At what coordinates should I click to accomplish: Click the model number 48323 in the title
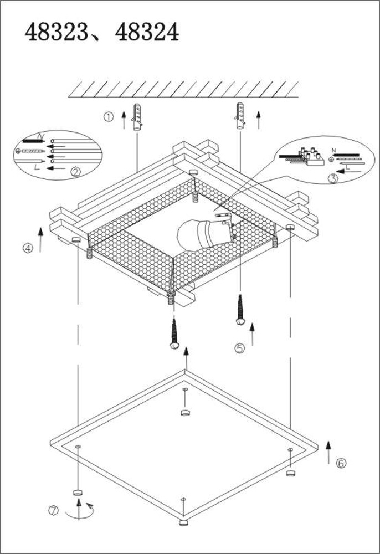coord(57,33)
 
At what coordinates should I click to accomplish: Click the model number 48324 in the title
coord(147,33)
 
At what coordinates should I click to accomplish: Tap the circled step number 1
coord(109,117)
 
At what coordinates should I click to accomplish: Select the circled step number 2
coord(76,172)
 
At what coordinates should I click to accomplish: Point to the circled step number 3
coord(333,178)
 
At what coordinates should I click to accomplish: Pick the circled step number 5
coord(239,348)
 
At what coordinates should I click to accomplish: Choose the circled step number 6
coord(341,463)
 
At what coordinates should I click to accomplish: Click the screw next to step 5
coord(240,309)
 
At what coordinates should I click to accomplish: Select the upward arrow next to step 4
coord(40,239)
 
